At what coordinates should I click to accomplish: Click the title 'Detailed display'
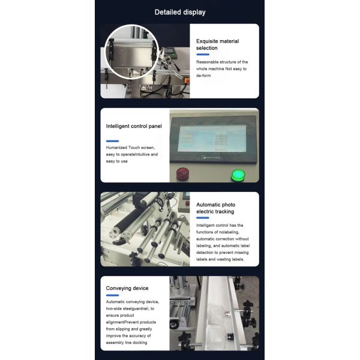[x=179, y=12]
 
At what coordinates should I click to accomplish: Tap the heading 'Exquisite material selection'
[x=217, y=45]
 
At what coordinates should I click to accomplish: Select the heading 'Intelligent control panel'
[x=134, y=126]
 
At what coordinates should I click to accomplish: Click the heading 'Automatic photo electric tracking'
[x=215, y=208]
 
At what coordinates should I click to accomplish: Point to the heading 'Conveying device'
[x=127, y=288]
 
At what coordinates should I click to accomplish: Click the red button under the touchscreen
[x=181, y=175]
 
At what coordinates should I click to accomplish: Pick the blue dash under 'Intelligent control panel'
[x=112, y=140]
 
